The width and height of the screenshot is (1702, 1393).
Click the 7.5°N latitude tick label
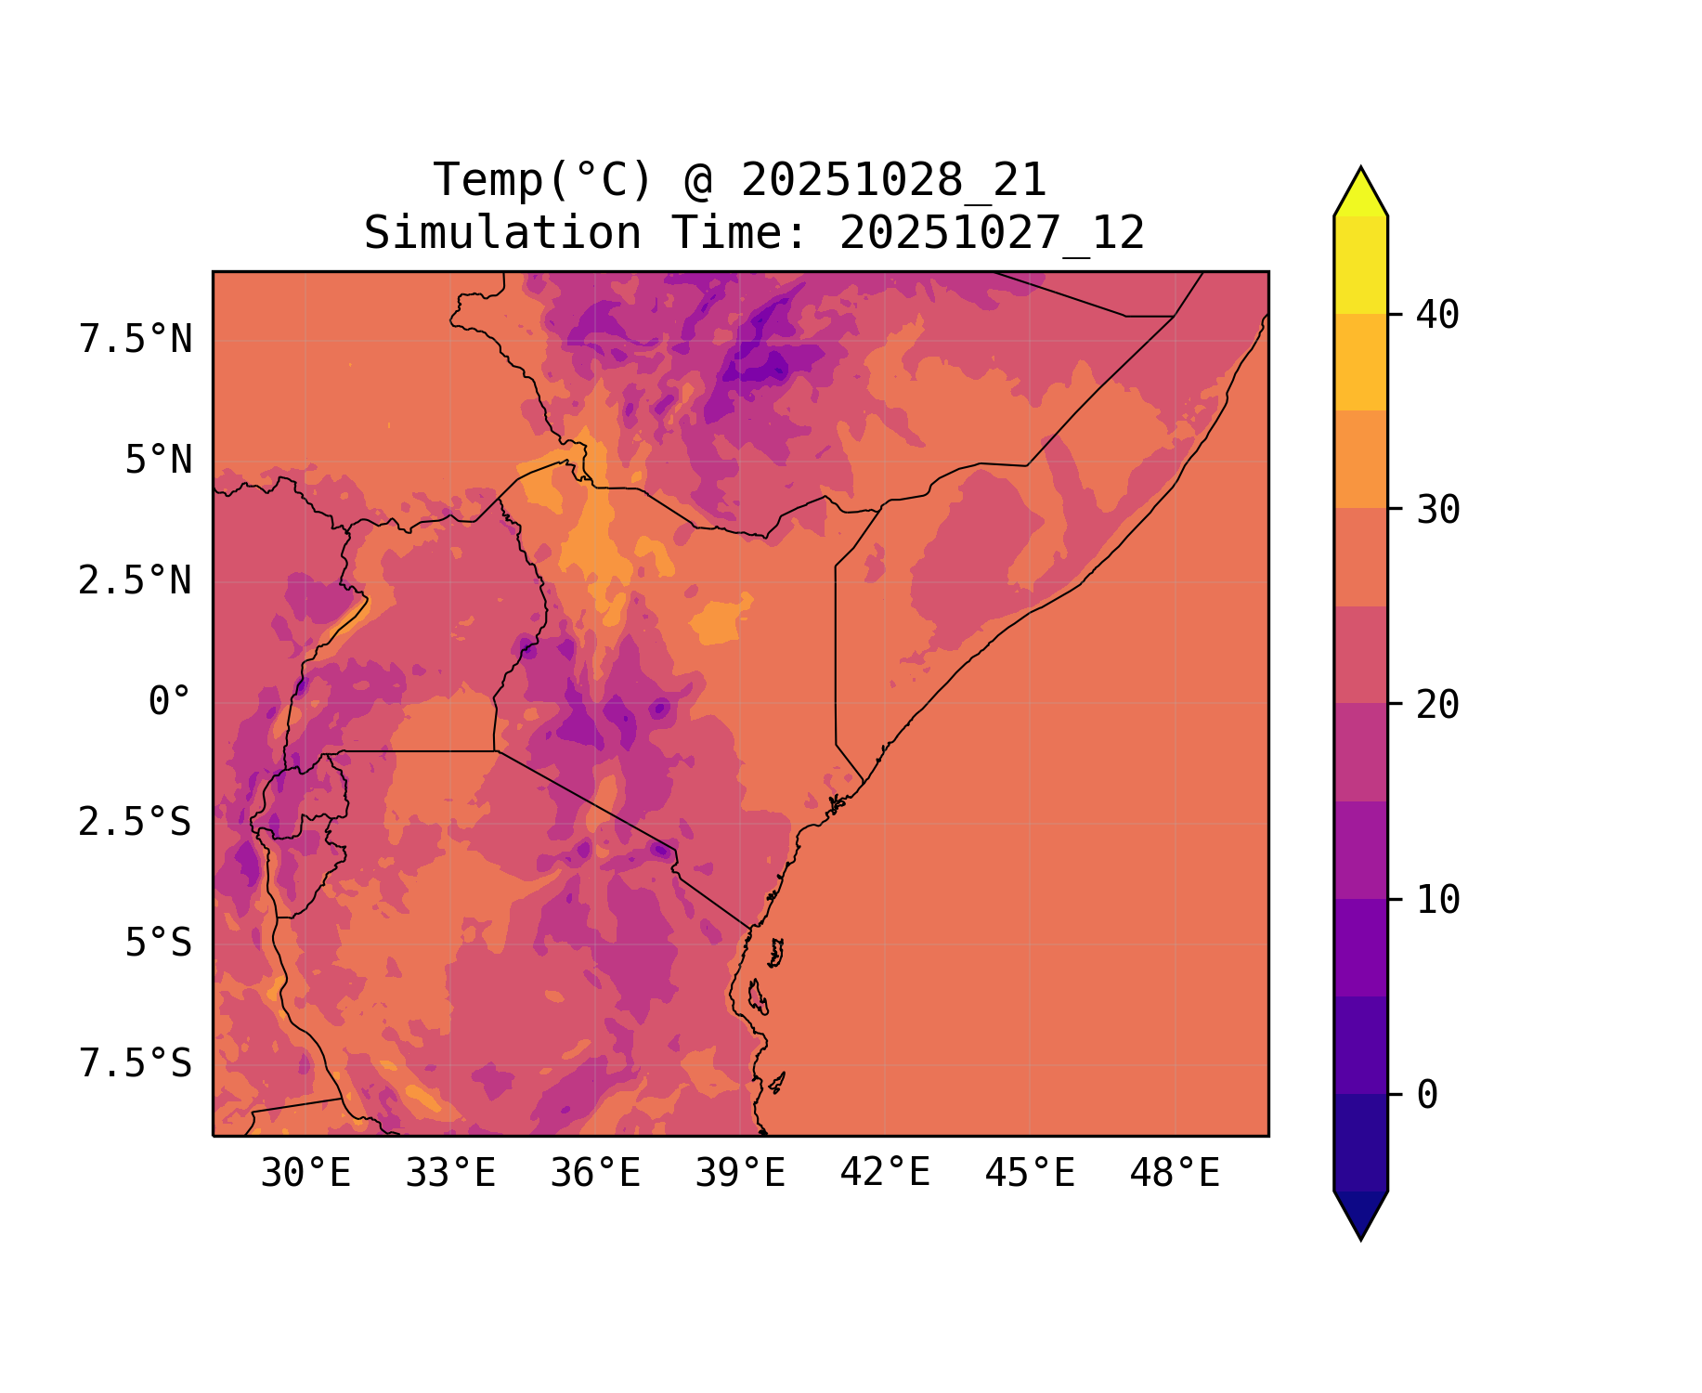point(136,339)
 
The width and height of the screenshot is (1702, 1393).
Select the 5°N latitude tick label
point(158,460)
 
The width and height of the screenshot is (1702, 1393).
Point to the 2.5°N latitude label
point(136,580)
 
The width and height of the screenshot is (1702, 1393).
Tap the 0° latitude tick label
point(169,701)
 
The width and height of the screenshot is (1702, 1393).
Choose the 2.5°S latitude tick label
point(136,822)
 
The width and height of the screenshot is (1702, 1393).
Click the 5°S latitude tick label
point(158,943)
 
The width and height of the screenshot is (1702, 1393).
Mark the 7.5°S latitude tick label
point(136,1063)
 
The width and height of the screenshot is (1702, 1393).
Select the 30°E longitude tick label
point(305,1174)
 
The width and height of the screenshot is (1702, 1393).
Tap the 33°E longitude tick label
point(450,1174)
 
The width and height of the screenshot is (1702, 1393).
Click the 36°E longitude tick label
point(595,1174)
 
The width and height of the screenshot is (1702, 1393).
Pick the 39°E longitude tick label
point(740,1174)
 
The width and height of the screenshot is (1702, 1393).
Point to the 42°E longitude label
point(885,1174)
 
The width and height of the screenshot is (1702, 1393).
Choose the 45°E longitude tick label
point(1030,1174)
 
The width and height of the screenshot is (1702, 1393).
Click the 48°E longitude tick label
point(1175,1174)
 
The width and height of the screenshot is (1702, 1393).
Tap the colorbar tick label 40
point(1437,315)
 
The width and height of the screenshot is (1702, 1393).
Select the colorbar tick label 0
point(1427,1095)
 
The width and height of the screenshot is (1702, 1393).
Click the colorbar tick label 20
point(1437,705)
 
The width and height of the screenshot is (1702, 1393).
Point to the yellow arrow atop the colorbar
point(1360,193)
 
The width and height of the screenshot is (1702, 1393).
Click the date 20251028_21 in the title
point(893,180)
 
